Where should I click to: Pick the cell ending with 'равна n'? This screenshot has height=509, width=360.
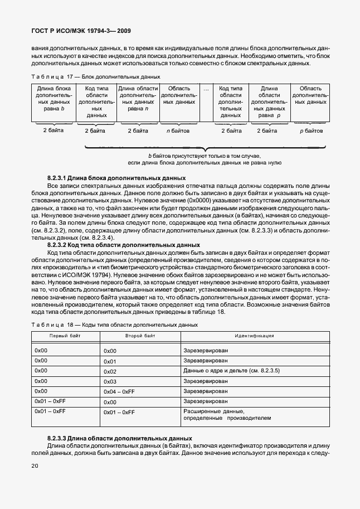coord(138,99)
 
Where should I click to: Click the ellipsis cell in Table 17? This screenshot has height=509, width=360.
coord(206,89)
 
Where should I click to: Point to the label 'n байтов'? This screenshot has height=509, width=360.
coord(178,131)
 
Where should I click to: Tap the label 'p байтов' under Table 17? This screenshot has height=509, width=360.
coord(312,131)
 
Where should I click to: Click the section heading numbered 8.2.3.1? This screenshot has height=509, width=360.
coord(102,177)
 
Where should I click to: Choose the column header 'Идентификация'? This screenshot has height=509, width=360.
coord(254,336)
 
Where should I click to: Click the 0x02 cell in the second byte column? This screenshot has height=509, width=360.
coord(110,371)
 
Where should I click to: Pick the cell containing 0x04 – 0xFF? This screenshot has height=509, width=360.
coord(119,392)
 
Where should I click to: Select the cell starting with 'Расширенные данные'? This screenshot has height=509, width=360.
coord(227,414)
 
